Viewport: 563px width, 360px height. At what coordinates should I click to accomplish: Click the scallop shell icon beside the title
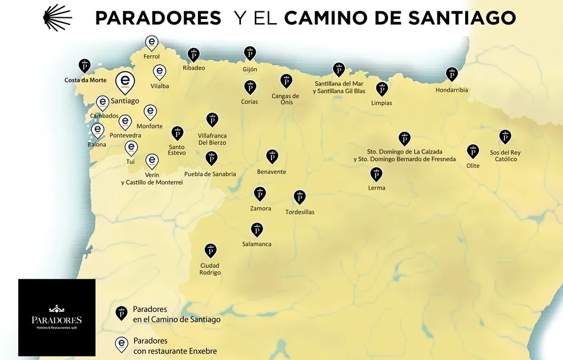tap(57, 18)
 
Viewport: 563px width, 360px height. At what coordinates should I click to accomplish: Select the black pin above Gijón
tap(249, 53)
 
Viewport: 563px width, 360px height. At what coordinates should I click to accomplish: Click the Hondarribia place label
tap(452, 90)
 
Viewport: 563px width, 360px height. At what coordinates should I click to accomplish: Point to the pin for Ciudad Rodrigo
tap(210, 250)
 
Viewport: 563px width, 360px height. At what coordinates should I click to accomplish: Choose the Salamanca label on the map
tap(257, 244)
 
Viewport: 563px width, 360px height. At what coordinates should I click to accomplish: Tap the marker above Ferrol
tap(152, 42)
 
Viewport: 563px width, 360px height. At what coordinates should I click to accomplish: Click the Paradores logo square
tap(57, 317)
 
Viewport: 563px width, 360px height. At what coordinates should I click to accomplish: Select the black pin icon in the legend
tap(121, 313)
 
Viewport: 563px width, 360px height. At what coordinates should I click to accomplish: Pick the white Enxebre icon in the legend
tap(121, 344)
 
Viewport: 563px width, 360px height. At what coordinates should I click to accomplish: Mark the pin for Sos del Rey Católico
tap(505, 137)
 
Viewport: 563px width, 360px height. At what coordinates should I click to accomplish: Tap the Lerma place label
tap(376, 188)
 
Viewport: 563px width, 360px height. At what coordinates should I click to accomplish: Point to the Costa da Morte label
tap(85, 80)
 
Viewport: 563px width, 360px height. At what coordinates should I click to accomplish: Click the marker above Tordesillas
tap(300, 197)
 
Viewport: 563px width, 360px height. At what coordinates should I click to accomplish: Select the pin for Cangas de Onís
tap(286, 81)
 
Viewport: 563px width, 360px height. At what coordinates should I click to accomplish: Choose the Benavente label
tap(271, 172)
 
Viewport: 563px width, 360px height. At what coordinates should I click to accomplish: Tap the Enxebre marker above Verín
tap(152, 161)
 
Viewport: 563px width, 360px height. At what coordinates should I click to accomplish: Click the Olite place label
tap(472, 166)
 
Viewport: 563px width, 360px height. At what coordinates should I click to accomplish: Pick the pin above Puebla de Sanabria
tap(211, 158)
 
